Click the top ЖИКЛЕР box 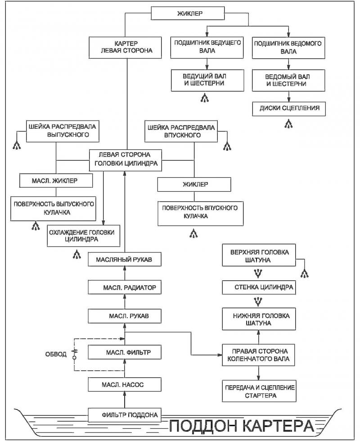[188, 13]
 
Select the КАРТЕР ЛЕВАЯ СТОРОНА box [125, 48]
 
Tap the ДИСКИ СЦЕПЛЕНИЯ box [289, 108]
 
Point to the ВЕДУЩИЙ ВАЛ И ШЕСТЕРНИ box [207, 80]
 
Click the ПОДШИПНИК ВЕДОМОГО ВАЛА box [288, 48]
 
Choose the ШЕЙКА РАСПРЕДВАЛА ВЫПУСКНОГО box [63, 131]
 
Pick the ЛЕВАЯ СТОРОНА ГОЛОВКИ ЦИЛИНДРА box [126, 160]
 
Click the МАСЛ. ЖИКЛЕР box [56, 180]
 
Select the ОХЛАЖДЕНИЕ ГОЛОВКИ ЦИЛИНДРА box [84, 236]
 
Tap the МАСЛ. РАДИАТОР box [125, 288]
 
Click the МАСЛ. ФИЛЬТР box [125, 352]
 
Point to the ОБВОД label [56, 354]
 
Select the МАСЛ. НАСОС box [125, 384]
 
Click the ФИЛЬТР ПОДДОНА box [125, 415]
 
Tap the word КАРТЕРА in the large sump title [279, 426]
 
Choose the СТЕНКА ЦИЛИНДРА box [259, 288]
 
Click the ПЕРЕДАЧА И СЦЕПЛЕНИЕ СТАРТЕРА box [259, 391]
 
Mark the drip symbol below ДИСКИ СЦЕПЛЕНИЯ [288, 124]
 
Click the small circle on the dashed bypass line [75, 358]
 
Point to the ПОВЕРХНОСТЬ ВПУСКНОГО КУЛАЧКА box [200, 213]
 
